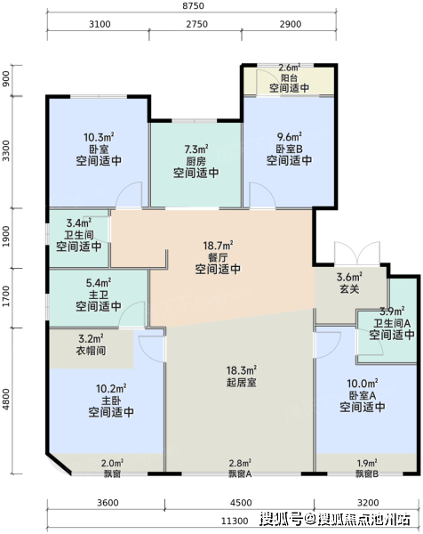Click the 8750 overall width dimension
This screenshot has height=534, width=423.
point(193,6)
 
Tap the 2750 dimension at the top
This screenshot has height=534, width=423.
point(197,24)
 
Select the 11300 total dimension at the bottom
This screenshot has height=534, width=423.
point(235,521)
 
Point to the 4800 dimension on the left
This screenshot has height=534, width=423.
point(6,400)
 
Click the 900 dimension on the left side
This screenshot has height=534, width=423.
point(6,78)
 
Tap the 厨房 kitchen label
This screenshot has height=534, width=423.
point(196,161)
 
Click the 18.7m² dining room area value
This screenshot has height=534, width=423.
point(218,246)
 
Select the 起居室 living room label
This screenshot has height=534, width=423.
point(242,382)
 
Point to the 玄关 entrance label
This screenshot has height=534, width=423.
point(349,289)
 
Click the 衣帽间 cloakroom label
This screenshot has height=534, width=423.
point(91,351)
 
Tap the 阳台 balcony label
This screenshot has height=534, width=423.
point(289,77)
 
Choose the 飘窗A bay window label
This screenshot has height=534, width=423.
point(240,473)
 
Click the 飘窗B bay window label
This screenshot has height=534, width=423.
point(367,473)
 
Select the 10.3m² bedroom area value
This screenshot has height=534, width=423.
point(99,137)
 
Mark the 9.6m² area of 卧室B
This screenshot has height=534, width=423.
point(289,136)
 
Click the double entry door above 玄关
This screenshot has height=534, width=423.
point(357,254)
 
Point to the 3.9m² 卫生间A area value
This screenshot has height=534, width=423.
point(392,311)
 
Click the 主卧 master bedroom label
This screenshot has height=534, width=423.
point(111,400)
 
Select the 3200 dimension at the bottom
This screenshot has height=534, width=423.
point(368,503)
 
